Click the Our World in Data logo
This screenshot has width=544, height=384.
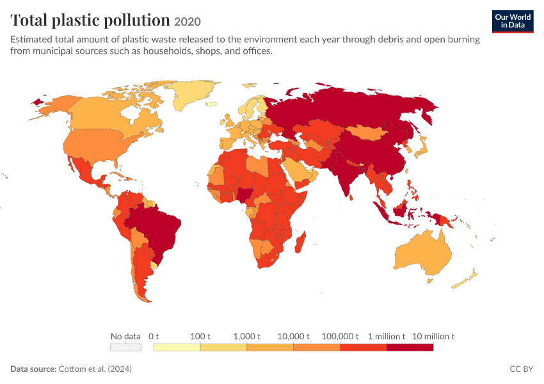(x=513, y=22)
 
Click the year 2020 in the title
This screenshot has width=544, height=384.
(x=188, y=22)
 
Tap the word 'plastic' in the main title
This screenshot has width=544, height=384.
(x=76, y=20)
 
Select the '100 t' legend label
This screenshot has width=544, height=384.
(x=200, y=336)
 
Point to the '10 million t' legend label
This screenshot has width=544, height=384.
(x=433, y=336)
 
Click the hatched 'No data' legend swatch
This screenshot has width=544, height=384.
(x=125, y=348)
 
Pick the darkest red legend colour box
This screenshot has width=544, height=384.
(x=410, y=348)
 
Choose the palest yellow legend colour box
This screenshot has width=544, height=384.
(x=177, y=348)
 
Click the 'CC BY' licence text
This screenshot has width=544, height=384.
(x=521, y=369)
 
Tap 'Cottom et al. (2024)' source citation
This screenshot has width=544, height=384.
(x=95, y=369)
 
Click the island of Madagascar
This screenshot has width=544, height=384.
(x=300, y=243)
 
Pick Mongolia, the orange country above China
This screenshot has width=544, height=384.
(x=367, y=132)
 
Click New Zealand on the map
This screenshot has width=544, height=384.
(x=465, y=279)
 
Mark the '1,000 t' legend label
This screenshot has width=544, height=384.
(x=246, y=336)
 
